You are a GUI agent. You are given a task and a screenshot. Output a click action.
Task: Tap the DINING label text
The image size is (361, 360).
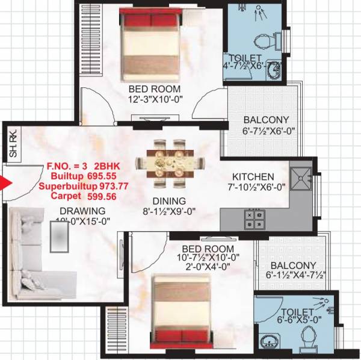tap(169, 201)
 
